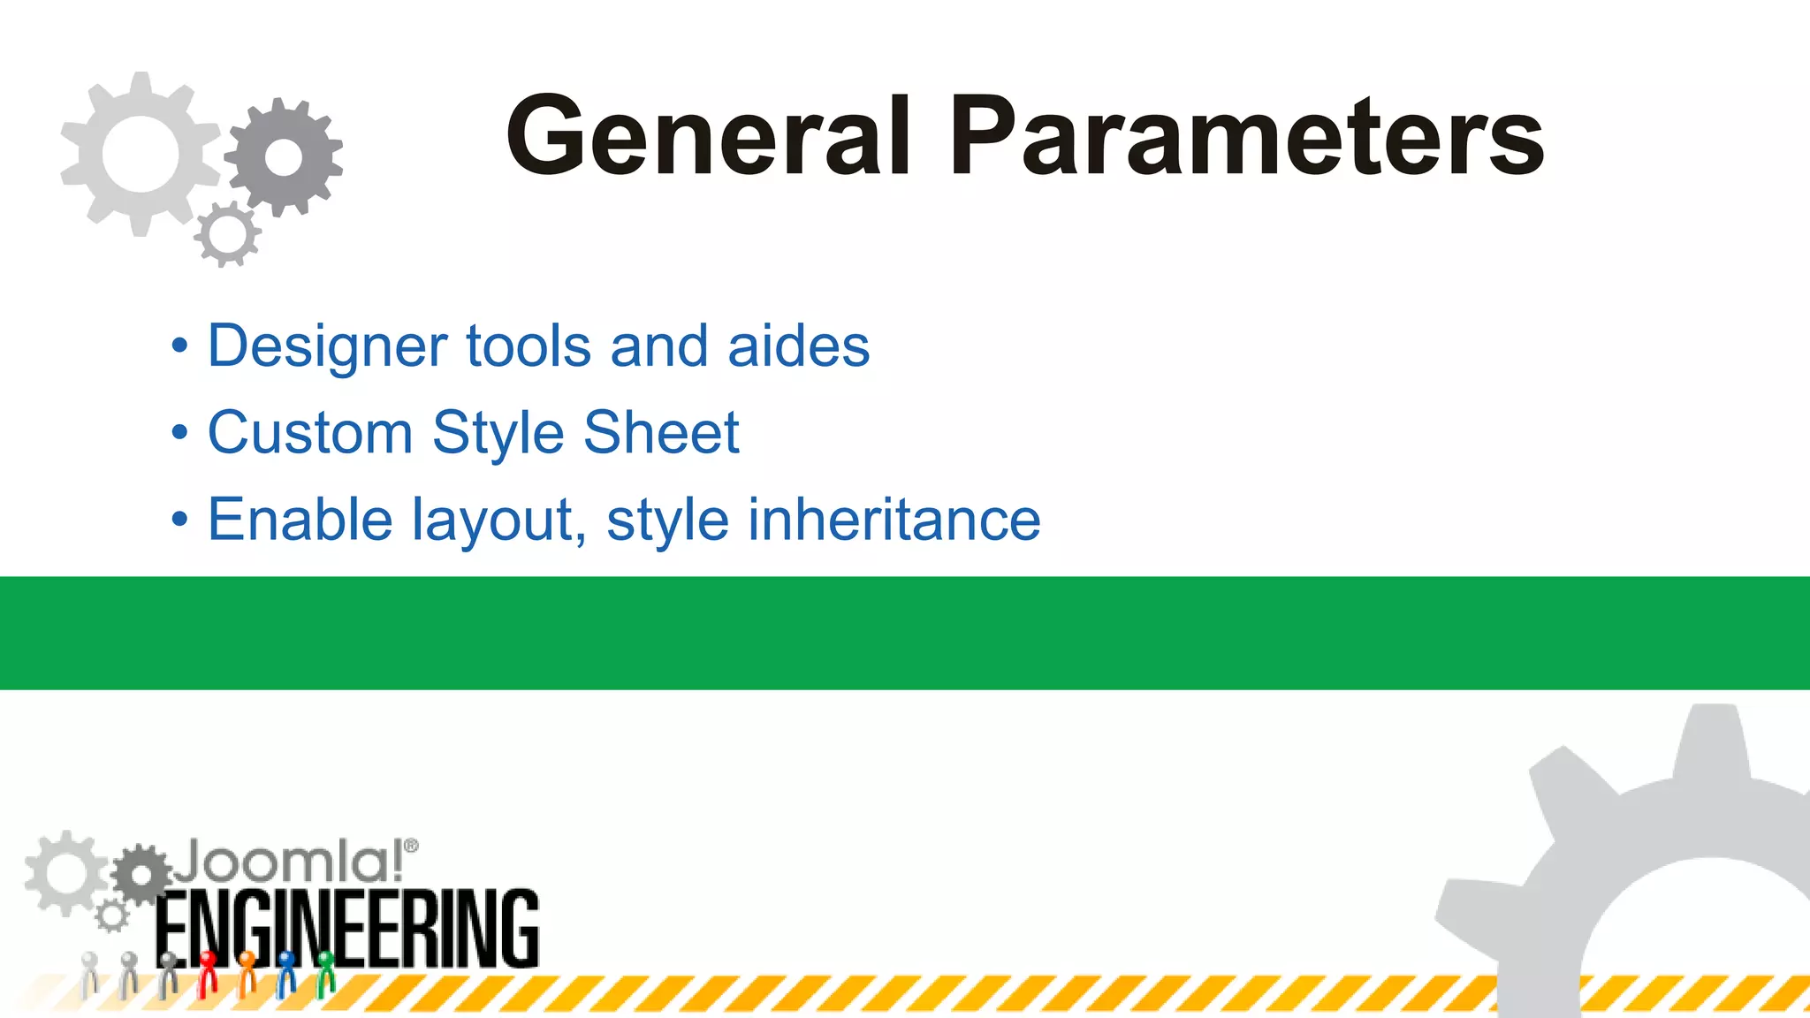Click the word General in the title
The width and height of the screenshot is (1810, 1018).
pyautogui.click(x=708, y=137)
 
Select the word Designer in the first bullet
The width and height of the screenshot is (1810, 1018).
pyautogui.click(x=327, y=346)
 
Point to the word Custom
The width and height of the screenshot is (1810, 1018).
pyautogui.click(x=310, y=433)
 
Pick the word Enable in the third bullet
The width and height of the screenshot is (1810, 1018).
pyautogui.click(x=300, y=520)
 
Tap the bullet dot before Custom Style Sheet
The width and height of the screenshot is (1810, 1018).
pyautogui.click(x=180, y=434)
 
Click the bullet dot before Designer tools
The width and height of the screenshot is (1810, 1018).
pyautogui.click(x=180, y=346)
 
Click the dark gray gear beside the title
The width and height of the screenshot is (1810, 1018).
pyautogui.click(x=284, y=157)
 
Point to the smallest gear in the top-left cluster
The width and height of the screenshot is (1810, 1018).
pyautogui.click(x=228, y=234)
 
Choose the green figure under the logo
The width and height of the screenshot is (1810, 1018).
pyautogui.click(x=325, y=972)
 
